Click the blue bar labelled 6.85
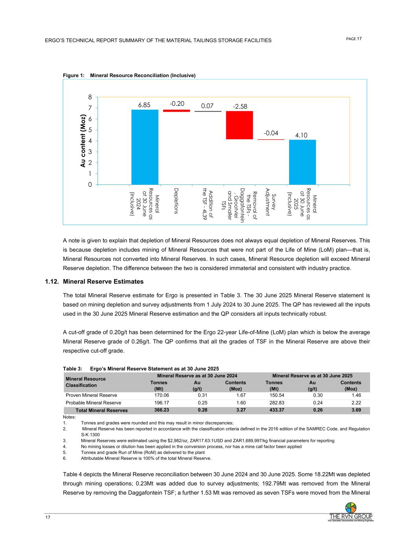coord(145,147)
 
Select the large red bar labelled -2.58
coord(239,125)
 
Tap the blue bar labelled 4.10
coord(302,162)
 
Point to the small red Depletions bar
coord(176,111)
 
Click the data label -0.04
coord(270,133)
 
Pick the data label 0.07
coord(207,106)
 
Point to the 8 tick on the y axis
coord(90,97)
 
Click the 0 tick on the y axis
coord(90,185)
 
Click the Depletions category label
coord(176,201)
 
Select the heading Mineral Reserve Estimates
coord(103,282)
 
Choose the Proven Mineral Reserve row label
coord(91,395)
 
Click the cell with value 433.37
coord(274,410)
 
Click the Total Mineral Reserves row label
coord(101,410)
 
